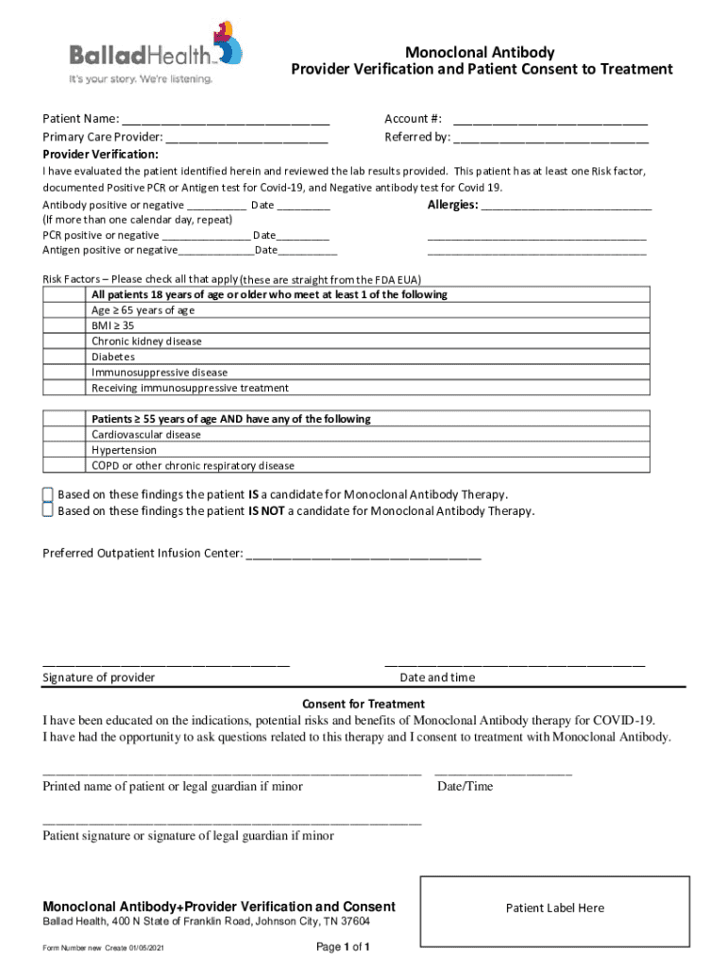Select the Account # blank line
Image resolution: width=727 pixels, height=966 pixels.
(550, 120)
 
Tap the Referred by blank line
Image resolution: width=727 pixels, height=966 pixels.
(550, 138)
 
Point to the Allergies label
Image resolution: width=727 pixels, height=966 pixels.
(452, 205)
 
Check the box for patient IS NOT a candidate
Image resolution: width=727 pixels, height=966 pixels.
(47, 511)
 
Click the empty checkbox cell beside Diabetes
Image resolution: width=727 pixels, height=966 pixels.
(65, 358)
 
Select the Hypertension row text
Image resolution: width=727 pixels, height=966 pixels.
(124, 451)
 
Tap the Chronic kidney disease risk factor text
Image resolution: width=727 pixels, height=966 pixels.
(146, 341)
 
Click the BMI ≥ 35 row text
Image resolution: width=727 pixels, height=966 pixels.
(112, 325)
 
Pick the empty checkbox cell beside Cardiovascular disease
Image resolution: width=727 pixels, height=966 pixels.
(65, 435)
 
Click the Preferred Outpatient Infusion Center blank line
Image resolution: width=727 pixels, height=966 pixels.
(363, 554)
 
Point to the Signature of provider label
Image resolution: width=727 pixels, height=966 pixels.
(99, 677)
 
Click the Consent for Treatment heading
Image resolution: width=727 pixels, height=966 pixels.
(363, 704)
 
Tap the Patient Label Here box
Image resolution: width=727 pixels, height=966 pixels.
(554, 908)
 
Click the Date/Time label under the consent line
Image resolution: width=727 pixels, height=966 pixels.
(465, 786)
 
